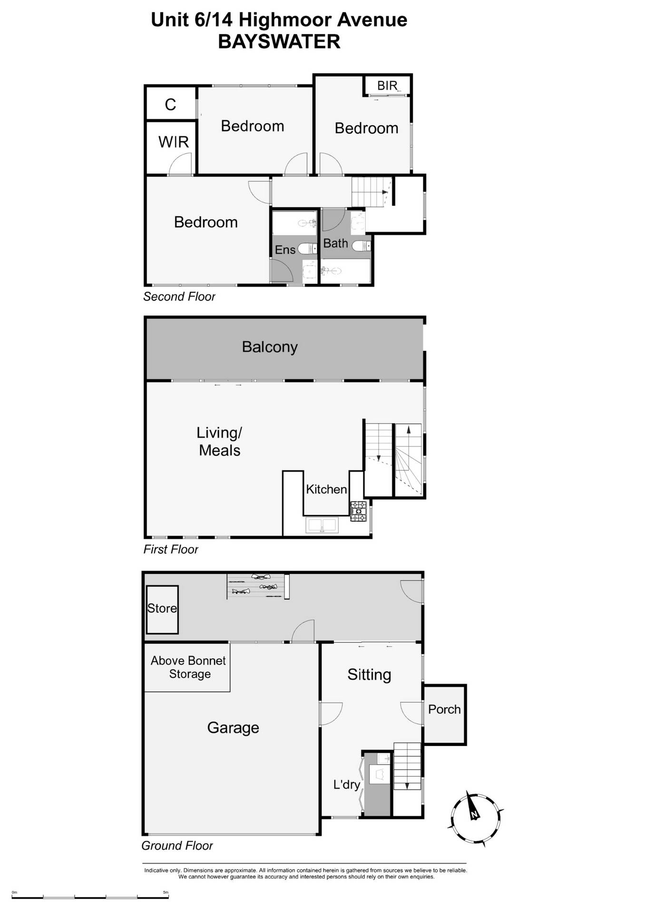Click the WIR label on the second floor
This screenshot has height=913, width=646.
(x=173, y=142)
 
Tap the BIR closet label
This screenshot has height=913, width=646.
(x=387, y=86)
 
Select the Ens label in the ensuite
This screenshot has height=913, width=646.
(x=285, y=250)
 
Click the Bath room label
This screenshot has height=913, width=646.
(x=335, y=243)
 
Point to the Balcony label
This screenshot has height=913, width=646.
(x=270, y=347)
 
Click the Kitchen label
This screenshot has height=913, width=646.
(x=326, y=489)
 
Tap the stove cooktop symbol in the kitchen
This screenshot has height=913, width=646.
(x=358, y=511)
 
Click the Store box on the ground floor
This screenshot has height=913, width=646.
(x=162, y=609)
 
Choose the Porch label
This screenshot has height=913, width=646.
(x=444, y=709)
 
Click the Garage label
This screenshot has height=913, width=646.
(x=233, y=727)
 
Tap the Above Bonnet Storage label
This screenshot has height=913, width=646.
(x=188, y=667)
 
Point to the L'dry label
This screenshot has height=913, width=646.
(x=346, y=784)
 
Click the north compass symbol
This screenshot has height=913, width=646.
(x=475, y=817)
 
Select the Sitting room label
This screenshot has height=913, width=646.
(x=369, y=674)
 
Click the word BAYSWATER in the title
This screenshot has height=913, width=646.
(x=279, y=41)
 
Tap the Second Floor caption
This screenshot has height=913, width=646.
(x=179, y=297)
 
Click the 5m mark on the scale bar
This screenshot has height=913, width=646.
(x=166, y=893)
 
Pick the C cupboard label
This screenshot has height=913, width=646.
(x=170, y=105)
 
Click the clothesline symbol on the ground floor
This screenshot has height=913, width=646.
(x=257, y=584)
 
